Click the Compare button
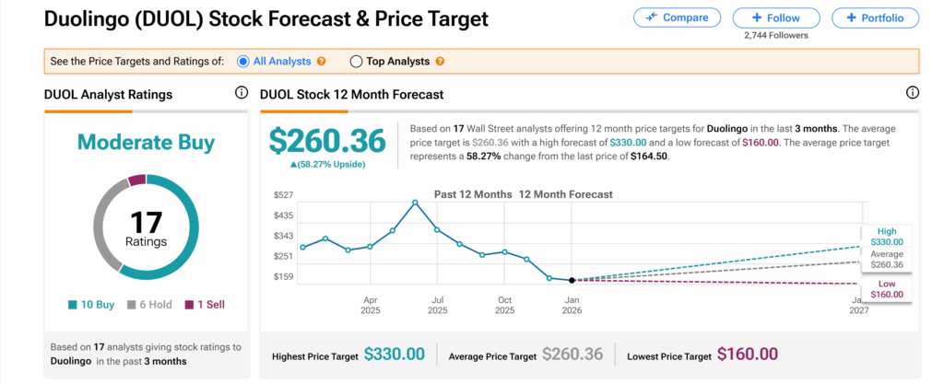coord(677,17)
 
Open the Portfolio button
coord(875,17)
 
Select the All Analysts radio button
coord(243,62)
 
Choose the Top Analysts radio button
coord(356,62)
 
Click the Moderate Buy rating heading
coord(146,143)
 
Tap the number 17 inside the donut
coord(146,222)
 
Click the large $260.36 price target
coord(326,140)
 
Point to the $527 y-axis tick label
coord(283,195)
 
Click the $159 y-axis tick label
coord(283,276)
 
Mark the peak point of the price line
coord(415,203)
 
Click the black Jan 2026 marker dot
coord(572,280)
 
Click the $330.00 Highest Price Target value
coord(395,354)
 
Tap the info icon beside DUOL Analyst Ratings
coord(242,93)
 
